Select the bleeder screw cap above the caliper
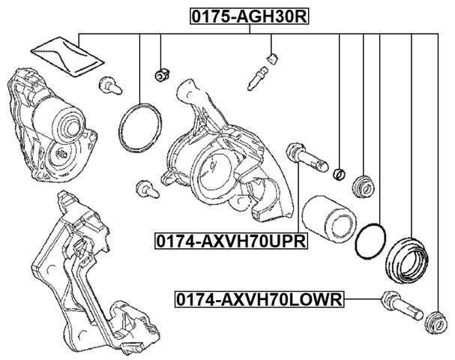(x=273, y=56)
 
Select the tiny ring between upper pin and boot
(x=340, y=175)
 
